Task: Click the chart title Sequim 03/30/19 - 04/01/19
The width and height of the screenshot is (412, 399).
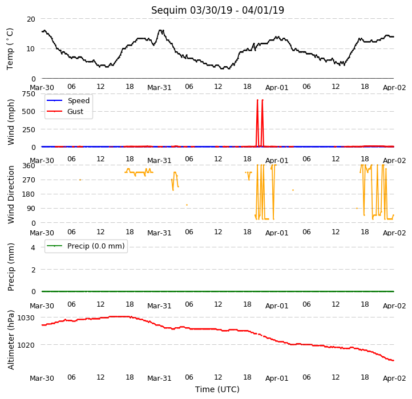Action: (x=217, y=10)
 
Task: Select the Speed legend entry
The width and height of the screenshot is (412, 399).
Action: (x=68, y=100)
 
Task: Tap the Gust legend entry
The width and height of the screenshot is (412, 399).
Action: (x=65, y=111)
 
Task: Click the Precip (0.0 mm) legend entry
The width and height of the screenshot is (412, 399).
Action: (x=86, y=246)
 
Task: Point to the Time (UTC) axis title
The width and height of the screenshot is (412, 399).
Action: (x=217, y=389)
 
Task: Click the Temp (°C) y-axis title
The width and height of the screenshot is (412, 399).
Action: (x=10, y=49)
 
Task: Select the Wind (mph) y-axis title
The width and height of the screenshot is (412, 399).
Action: (x=10, y=122)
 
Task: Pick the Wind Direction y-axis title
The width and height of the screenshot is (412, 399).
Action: (x=10, y=194)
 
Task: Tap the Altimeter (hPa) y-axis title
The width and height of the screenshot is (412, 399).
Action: (x=10, y=340)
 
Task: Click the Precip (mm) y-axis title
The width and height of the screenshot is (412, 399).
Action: (x=10, y=267)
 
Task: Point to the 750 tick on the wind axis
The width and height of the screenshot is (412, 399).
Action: (x=29, y=93)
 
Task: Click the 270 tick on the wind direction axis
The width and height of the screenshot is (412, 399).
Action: (x=29, y=180)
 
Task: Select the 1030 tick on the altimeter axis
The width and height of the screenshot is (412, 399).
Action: (x=26, y=318)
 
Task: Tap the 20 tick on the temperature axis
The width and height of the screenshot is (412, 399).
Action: (x=31, y=19)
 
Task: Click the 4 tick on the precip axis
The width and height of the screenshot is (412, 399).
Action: (x=33, y=247)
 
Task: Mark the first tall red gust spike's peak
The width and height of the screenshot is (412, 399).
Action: (x=257, y=100)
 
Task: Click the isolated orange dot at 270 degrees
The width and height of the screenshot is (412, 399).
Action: (x=80, y=180)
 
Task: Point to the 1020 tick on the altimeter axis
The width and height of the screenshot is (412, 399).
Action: (x=26, y=345)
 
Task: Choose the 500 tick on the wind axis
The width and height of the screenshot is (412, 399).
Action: (x=29, y=112)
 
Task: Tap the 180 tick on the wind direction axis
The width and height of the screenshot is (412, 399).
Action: (x=29, y=194)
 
